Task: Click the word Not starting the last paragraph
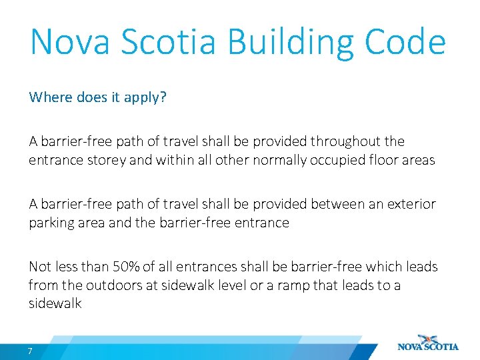(40, 267)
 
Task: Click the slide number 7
(30, 351)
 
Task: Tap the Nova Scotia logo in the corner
(428, 343)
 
